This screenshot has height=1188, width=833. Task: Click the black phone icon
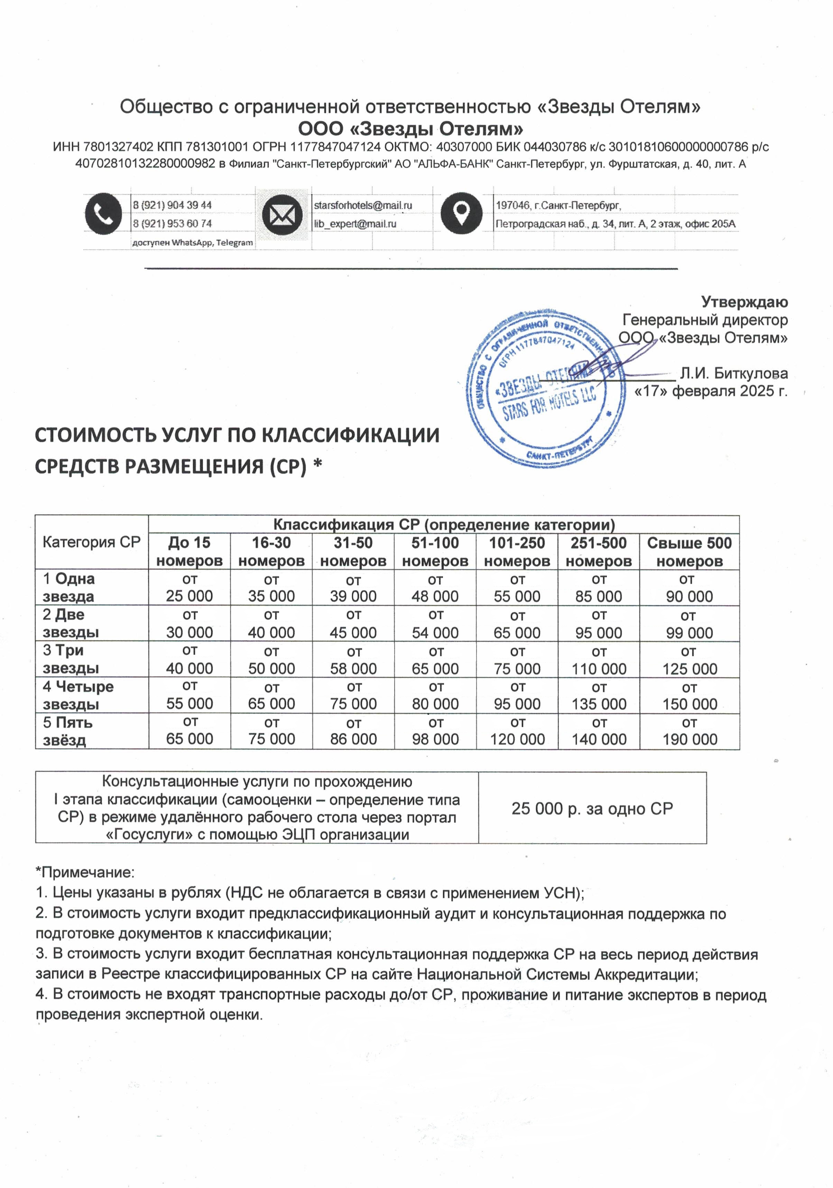(103, 213)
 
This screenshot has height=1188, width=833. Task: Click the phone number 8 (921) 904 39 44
(172, 205)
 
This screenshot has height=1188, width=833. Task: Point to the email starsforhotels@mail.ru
(363, 205)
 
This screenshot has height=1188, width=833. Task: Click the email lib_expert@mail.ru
(355, 223)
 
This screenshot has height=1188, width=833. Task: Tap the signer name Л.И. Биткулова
(734, 373)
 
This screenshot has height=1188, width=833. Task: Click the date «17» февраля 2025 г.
(711, 391)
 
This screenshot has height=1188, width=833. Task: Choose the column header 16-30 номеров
(271, 551)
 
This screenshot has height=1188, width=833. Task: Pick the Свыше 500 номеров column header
(689, 551)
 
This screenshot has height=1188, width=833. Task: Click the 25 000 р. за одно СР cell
(592, 808)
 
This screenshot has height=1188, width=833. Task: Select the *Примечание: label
(85, 872)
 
